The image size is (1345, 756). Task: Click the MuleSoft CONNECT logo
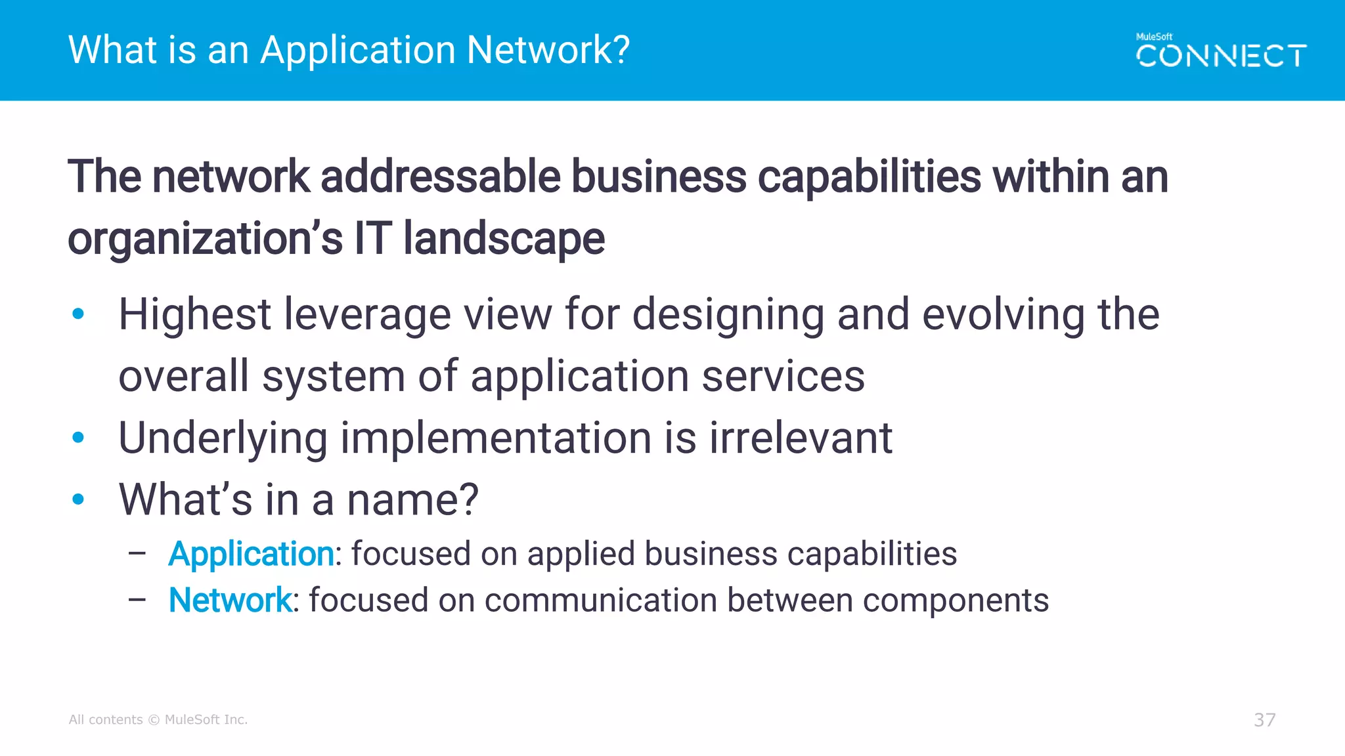click(1221, 51)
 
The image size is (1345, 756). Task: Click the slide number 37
click(1264, 720)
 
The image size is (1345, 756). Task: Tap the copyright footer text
click(158, 720)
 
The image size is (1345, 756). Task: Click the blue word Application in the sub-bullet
click(251, 554)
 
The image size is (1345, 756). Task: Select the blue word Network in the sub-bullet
click(230, 600)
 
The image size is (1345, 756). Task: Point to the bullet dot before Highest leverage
click(78, 314)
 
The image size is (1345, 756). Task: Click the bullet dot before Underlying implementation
click(78, 437)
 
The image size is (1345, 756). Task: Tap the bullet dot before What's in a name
click(78, 499)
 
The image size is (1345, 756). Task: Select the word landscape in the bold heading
click(504, 238)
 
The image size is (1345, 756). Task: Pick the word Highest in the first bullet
click(194, 314)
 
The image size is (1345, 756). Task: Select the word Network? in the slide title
click(548, 50)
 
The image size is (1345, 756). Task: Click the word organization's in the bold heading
click(205, 238)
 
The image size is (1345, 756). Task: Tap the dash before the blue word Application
click(137, 554)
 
